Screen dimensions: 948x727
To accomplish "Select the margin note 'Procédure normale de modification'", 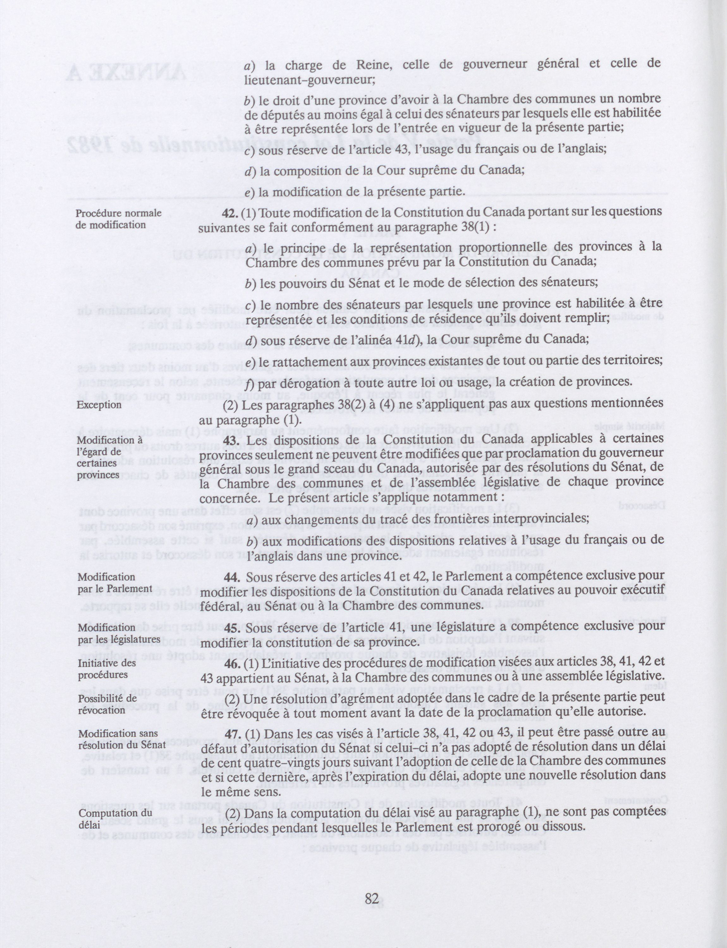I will (x=118, y=219).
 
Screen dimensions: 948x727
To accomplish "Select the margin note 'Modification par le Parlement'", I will (x=115, y=582).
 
